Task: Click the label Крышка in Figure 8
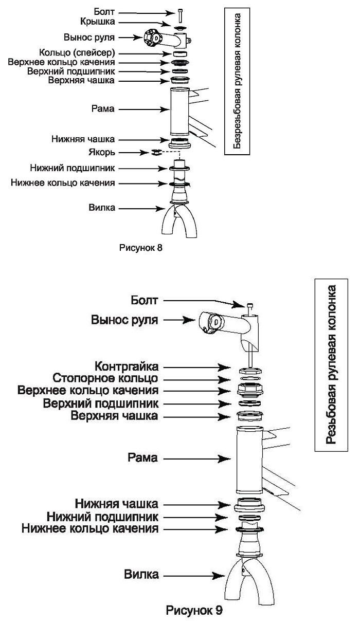pos(98,22)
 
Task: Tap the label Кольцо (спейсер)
pos(77,52)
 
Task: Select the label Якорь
pos(102,152)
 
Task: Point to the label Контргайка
pos(127,366)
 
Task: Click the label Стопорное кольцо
pos(105,378)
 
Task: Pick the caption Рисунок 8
pos(141,248)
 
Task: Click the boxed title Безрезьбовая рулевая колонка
pos(237,81)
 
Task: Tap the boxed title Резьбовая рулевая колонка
pos(331,365)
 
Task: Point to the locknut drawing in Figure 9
pos(250,371)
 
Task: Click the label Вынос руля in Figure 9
pos(124,320)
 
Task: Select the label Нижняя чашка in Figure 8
pos(83,139)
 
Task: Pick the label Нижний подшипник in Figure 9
pos(102,517)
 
